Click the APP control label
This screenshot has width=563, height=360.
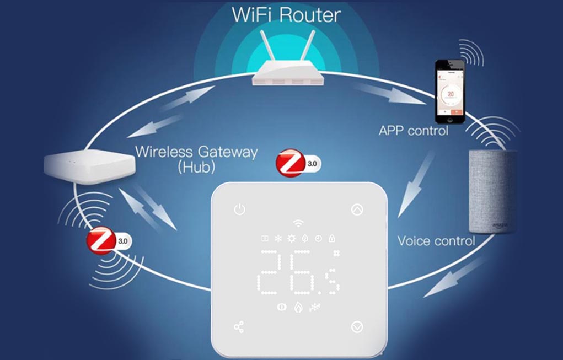coord(414,131)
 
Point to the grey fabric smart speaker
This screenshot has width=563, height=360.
coord(492,191)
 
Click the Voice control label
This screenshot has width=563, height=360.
coord(436,241)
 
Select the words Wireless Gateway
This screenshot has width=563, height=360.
coord(196,152)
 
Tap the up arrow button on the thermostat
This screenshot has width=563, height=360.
coord(357,209)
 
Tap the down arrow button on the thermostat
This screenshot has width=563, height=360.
coord(357,327)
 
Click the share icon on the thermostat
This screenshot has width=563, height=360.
coord(239,327)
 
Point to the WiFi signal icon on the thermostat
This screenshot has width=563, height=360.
coord(298,223)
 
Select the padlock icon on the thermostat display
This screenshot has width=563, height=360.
coord(331,239)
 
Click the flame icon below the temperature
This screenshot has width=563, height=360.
coord(298,307)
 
